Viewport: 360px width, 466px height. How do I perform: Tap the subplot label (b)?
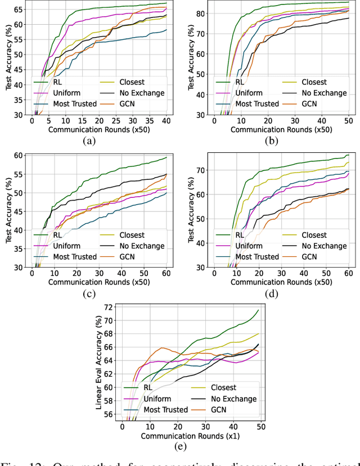click(273, 141)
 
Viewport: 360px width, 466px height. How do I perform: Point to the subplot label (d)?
click(273, 293)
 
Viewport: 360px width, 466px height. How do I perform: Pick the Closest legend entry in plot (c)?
click(132, 235)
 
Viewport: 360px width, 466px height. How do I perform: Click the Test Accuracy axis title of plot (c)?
click(9, 211)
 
